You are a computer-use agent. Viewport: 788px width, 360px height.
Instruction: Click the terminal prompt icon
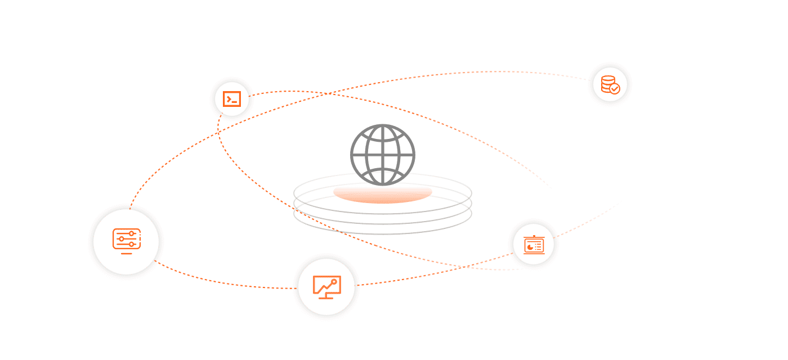(231, 99)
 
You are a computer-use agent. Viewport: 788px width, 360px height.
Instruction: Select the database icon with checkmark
(610, 84)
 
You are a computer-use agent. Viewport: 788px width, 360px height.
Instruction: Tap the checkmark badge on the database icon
(615, 88)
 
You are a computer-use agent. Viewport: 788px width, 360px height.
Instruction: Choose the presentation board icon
(533, 245)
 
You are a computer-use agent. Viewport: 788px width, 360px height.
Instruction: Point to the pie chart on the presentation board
(530, 246)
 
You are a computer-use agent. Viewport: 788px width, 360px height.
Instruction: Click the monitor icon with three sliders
(126, 240)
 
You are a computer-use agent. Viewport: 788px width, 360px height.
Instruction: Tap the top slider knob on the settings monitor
(131, 233)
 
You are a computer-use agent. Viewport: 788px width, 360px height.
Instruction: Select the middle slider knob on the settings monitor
(121, 239)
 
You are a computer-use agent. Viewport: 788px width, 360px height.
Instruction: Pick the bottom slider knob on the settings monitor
(131, 245)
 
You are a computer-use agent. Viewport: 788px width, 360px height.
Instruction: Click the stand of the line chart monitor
(326, 296)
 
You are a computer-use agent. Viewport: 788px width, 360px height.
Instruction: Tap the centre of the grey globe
(383, 154)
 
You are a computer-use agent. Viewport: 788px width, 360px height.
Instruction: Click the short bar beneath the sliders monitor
(126, 254)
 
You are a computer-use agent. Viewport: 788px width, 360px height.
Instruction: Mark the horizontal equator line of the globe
(383, 153)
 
